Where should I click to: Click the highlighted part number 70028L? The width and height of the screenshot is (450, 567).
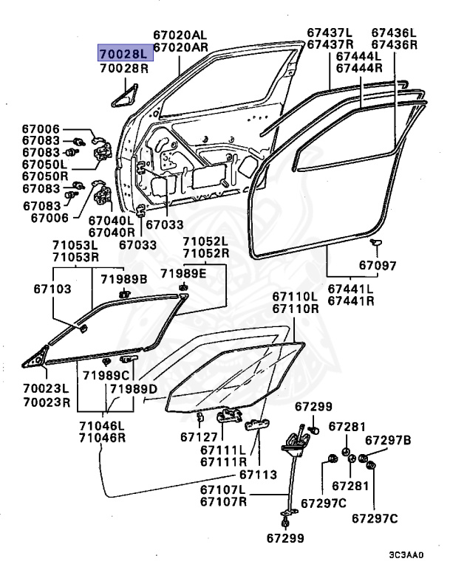click(124, 54)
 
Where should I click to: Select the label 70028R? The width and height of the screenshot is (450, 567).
click(124, 68)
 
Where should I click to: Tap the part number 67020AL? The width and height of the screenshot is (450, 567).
click(181, 34)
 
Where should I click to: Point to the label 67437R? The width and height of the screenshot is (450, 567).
click(330, 45)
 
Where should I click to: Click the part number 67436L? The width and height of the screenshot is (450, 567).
click(394, 32)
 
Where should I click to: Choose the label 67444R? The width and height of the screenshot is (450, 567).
click(359, 68)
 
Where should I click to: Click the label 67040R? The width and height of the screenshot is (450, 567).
click(111, 232)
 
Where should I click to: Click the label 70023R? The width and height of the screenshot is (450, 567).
click(46, 403)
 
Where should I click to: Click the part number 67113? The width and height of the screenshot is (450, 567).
click(258, 475)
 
